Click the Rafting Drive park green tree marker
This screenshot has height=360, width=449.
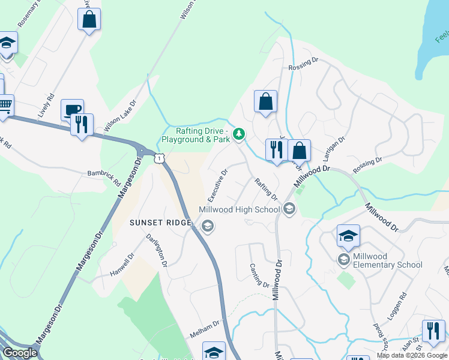[x=239, y=133]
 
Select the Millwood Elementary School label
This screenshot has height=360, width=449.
[x=387, y=260]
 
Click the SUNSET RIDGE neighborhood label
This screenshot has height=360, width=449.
[x=160, y=223]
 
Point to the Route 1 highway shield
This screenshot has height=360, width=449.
[x=158, y=158]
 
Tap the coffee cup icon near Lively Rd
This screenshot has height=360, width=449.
[x=73, y=109]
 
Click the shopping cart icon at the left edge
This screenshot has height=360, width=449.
[x=5, y=106]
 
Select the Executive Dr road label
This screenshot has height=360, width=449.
[x=218, y=185]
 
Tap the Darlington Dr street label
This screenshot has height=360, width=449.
[x=156, y=250]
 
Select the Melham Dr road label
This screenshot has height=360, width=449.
[x=205, y=328]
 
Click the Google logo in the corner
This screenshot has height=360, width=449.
[x=20, y=353]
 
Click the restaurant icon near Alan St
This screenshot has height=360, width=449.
[x=433, y=331]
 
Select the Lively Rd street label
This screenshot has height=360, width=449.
[x=46, y=105]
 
